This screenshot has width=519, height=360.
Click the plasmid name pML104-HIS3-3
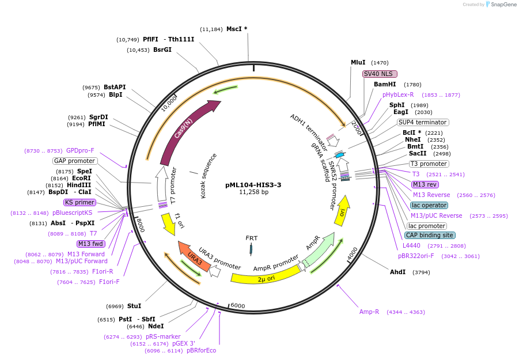[253, 185]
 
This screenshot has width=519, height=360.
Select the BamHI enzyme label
[385, 84]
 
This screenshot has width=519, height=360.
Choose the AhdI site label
[398, 272]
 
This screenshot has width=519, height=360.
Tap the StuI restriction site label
[134, 306]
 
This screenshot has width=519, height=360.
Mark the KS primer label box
[79, 202]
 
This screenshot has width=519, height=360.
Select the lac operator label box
[429, 205]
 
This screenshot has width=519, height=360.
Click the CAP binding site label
[430, 235]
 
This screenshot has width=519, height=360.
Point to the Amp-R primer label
[369, 312]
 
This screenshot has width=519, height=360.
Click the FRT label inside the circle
[252, 238]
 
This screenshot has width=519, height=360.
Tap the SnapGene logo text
[503, 5]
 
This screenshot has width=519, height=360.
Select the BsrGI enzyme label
[162, 50]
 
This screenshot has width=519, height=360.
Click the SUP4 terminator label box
[423, 122]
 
